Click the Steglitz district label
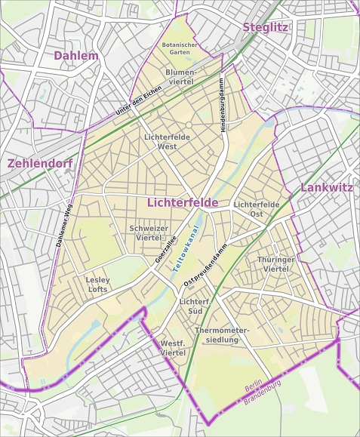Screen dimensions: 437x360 tap(265, 27)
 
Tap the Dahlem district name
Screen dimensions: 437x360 tap(75, 56)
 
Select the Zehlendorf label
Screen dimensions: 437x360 tap(39, 163)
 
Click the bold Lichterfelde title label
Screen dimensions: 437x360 tap(183, 203)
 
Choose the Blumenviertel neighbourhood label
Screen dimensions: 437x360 tap(180, 75)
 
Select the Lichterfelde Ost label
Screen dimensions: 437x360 tap(257, 209)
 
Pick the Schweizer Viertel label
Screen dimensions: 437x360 tap(148, 232)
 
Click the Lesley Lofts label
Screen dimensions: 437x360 tap(97, 284)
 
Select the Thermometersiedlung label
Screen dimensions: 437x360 tap(221, 335)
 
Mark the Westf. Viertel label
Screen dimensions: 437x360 tap(174, 348)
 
